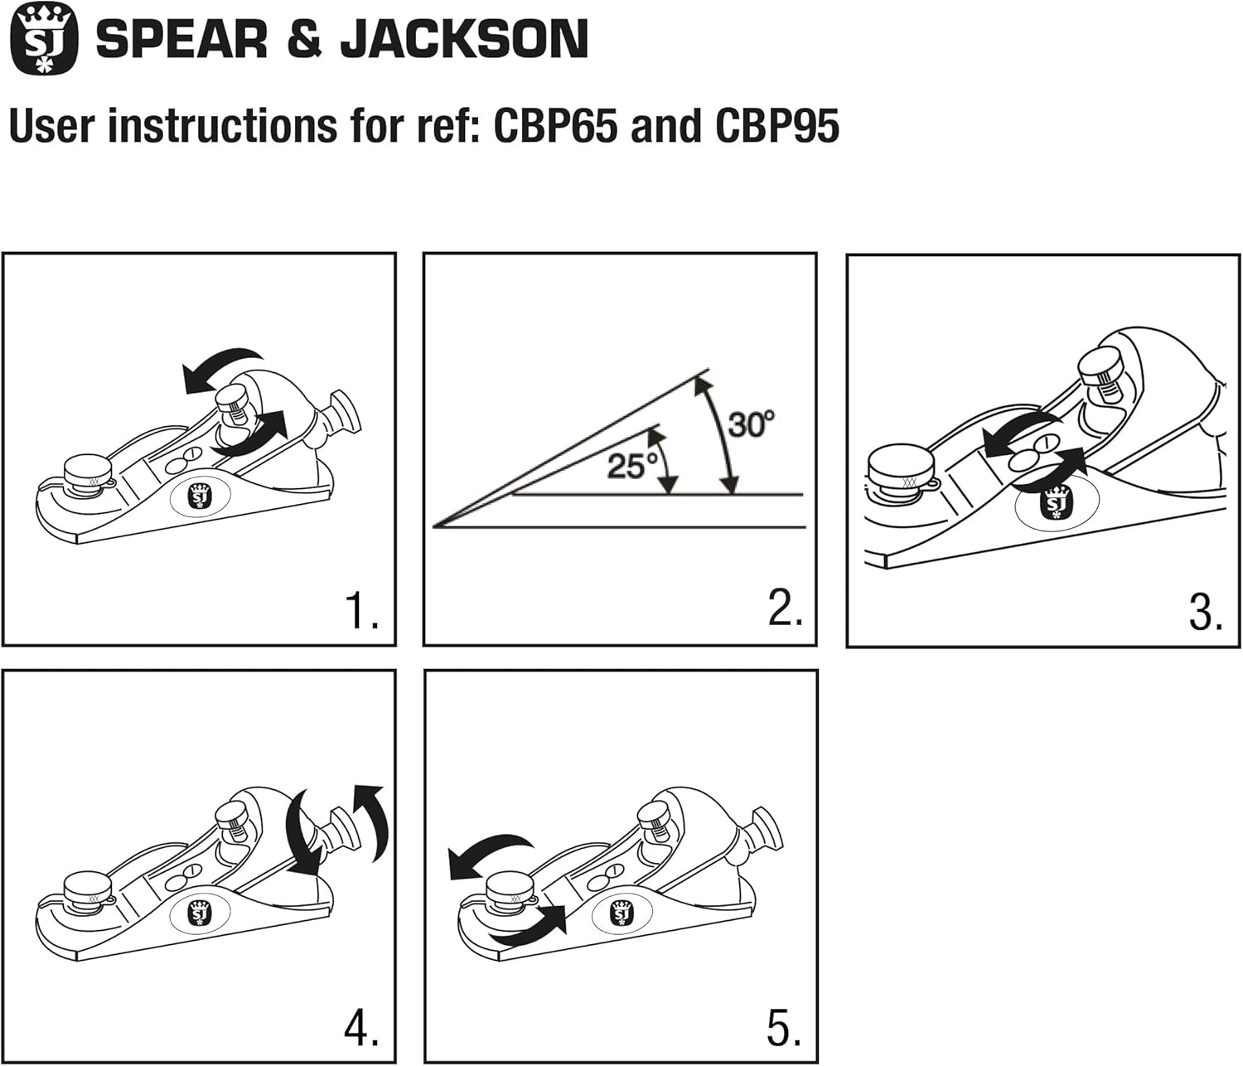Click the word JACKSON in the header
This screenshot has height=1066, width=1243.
pyautogui.click(x=464, y=40)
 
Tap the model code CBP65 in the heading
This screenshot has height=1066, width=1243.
pyautogui.click(x=555, y=126)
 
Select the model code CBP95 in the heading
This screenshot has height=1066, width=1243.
pyautogui.click(x=776, y=126)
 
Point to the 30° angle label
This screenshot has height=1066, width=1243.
pyautogui.click(x=751, y=424)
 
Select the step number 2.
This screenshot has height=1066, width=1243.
pyautogui.click(x=784, y=610)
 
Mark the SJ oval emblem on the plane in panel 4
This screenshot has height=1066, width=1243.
pyautogui.click(x=199, y=913)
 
